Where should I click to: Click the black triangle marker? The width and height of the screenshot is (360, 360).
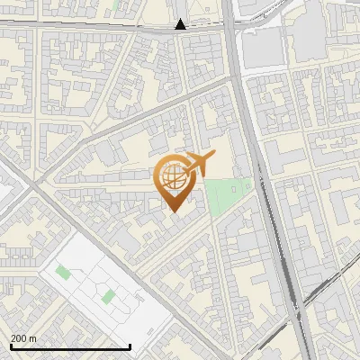pyautogui.click(x=181, y=24)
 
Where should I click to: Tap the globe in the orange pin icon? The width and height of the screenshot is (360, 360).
pyautogui.click(x=172, y=176)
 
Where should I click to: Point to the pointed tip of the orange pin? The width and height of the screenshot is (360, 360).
pyautogui.click(x=172, y=211)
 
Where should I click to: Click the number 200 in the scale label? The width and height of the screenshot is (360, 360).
pyautogui.click(x=20, y=338)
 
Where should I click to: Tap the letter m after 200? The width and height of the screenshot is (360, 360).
pyautogui.click(x=34, y=338)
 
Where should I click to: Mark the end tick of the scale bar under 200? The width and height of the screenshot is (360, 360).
pyautogui.click(x=12, y=345)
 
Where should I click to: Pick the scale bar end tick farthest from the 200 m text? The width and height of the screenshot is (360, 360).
pyautogui.click(x=130, y=345)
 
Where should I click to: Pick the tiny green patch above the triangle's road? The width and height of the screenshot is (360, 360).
pyautogui.click(x=118, y=4)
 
